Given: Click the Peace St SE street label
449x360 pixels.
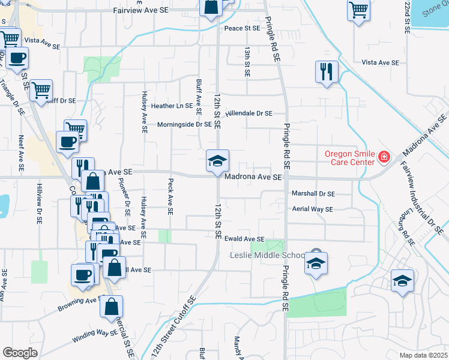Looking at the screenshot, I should tap(242, 28).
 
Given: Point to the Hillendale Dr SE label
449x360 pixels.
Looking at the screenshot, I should tap(249, 113).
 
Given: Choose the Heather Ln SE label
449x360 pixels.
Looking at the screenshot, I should tap(172, 106).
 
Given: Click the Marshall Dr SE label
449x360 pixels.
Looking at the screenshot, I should tap(313, 194).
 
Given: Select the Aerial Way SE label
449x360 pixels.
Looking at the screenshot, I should tap(312, 209).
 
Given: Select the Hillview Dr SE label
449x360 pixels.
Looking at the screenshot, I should tap(39, 203).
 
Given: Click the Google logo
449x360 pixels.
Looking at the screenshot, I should tap(20, 353).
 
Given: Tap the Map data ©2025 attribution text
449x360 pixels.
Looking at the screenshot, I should tap(423, 355).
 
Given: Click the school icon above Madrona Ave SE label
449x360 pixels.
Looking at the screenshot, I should tap(217, 161).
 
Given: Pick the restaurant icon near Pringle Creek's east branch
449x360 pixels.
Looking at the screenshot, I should tap(327, 72).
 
